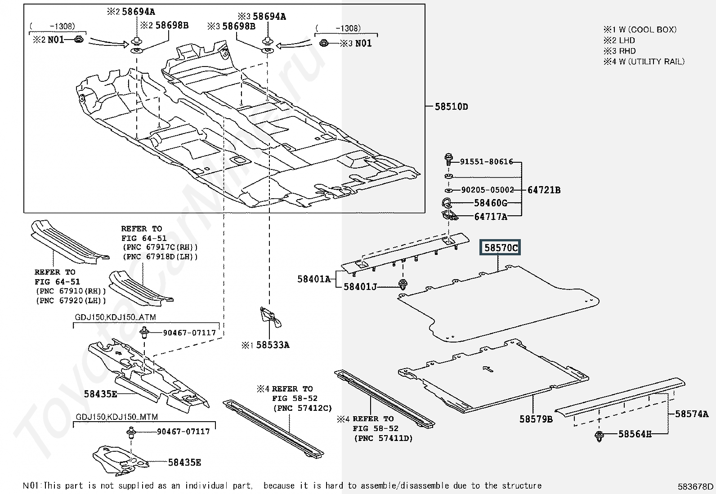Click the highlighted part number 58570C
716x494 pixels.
click(500, 248)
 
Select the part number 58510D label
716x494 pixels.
click(452, 107)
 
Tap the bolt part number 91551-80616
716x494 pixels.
click(486, 162)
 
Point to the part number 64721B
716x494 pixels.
click(544, 190)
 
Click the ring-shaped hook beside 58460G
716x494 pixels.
click(446, 203)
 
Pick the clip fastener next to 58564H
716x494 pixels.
click(599, 436)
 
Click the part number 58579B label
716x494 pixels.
click(536, 419)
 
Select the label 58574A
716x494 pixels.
click(692, 414)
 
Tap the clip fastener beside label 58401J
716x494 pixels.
click(403, 284)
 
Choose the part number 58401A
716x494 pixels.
click(314, 279)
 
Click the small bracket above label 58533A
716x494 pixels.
click(270, 316)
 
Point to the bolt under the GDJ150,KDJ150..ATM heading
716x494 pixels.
click(144, 333)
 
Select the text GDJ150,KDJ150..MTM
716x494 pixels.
click(116, 417)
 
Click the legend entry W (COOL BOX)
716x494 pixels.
click(648, 30)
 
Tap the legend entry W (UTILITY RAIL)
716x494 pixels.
click(652, 61)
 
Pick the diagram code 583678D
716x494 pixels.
click(696, 486)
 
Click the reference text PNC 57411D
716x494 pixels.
click(383, 438)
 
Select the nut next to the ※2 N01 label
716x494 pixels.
click(79, 40)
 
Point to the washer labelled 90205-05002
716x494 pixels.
click(448, 191)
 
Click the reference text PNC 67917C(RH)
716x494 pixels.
click(160, 247)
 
